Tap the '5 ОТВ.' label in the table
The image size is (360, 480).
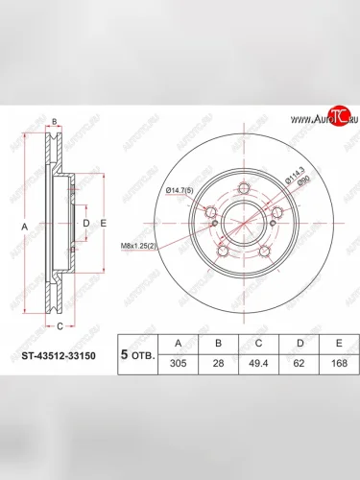click(135, 352)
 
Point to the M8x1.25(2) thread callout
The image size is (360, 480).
click(141, 247)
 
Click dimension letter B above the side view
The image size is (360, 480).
click(55, 121)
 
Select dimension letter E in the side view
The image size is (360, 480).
click(102, 224)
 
